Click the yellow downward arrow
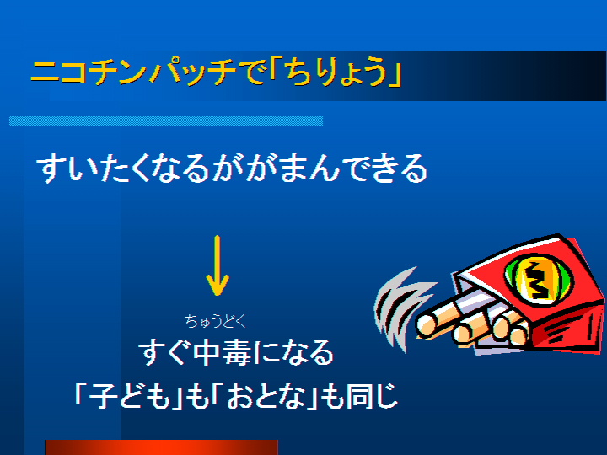tap(218, 265)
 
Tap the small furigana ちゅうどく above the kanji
tap(215, 321)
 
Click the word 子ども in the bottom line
tap(129, 396)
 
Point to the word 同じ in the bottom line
tap(372, 396)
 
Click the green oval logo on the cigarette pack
tap(540, 277)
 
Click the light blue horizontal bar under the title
tap(166, 121)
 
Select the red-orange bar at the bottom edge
tap(161, 447)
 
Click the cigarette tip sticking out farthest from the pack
tap(427, 324)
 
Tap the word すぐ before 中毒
tap(165, 352)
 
